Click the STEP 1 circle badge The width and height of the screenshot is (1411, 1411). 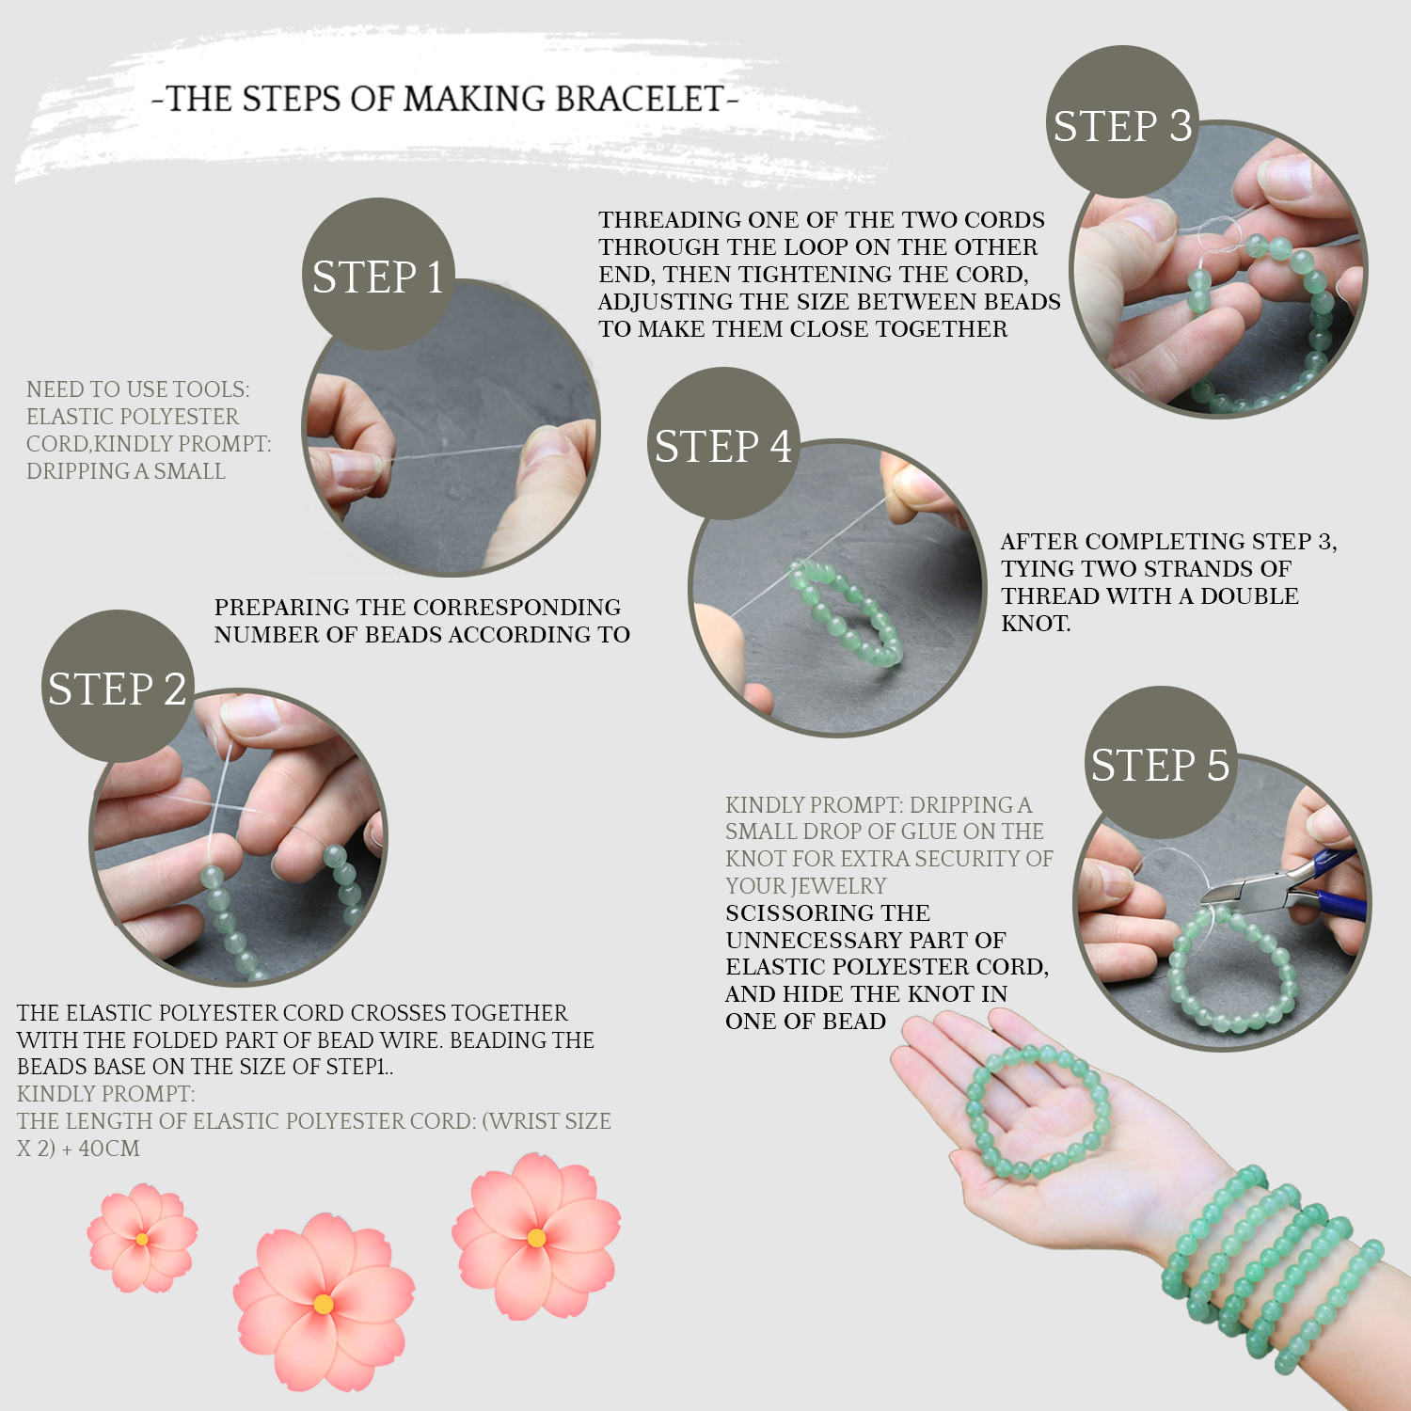(x=378, y=275)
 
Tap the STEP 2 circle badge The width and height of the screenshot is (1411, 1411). (x=118, y=687)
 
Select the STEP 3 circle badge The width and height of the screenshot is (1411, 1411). (x=1122, y=122)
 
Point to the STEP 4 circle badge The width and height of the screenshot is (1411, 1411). (x=723, y=444)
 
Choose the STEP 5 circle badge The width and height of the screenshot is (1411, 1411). (x=1160, y=763)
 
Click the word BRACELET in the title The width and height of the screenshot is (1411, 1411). (x=640, y=99)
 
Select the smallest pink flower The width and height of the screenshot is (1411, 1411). (x=142, y=1238)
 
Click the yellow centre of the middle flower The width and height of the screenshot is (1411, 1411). (x=323, y=1304)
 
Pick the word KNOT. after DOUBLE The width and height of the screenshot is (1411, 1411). (x=1036, y=624)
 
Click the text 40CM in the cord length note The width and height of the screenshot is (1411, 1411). (x=109, y=1149)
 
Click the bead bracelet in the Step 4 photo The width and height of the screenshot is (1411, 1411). (x=845, y=611)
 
